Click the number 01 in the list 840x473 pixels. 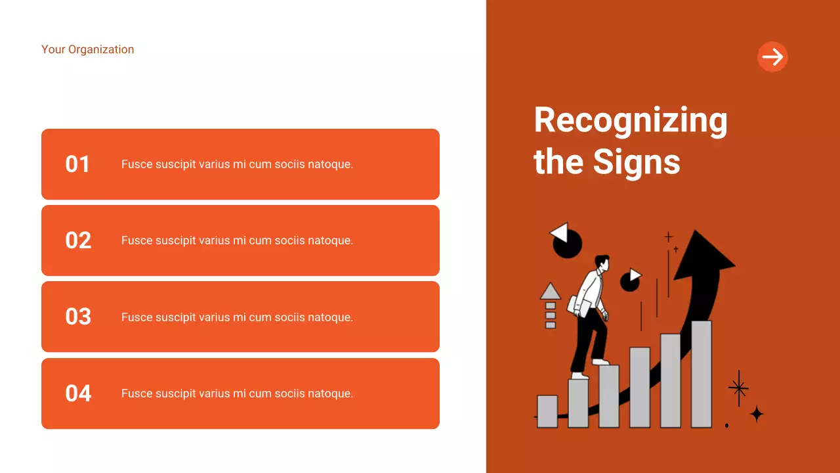(77, 164)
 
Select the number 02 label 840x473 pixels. (78, 240)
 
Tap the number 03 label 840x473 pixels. (78, 317)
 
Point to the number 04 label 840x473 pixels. (78, 394)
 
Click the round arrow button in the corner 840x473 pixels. (772, 57)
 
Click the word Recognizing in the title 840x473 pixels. (631, 121)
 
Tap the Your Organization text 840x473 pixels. (87, 49)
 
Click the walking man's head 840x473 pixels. (601, 263)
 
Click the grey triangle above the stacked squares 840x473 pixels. (550, 291)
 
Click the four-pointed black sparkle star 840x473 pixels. (757, 414)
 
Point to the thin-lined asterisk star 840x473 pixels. (739, 388)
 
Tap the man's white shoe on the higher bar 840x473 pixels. (600, 361)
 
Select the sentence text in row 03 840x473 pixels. (237, 317)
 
